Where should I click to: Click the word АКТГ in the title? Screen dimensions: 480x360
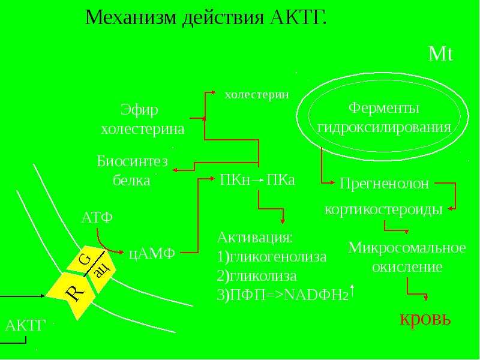click(x=299, y=17)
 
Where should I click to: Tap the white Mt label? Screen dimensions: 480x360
click(x=440, y=54)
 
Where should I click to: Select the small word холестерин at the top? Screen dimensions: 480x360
click(x=257, y=95)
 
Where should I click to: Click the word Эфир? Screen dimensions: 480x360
click(x=139, y=110)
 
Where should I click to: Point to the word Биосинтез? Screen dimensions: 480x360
click(x=132, y=161)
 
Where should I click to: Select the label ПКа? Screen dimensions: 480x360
click(x=280, y=180)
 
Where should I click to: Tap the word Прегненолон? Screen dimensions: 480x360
click(x=385, y=184)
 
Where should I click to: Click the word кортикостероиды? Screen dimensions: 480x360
click(x=383, y=209)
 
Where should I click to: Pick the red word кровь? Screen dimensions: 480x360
click(x=425, y=319)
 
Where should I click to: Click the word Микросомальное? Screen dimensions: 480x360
click(x=407, y=248)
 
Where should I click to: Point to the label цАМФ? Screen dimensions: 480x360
click(x=152, y=253)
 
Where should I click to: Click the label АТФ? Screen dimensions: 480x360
click(x=97, y=218)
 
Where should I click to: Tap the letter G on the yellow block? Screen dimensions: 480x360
click(x=85, y=260)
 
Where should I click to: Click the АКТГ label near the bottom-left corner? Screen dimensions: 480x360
click(x=25, y=325)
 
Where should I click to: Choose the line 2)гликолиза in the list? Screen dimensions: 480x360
click(x=257, y=276)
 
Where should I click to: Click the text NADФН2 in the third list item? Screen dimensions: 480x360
click(x=317, y=295)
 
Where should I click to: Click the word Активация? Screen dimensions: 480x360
click(x=254, y=238)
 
